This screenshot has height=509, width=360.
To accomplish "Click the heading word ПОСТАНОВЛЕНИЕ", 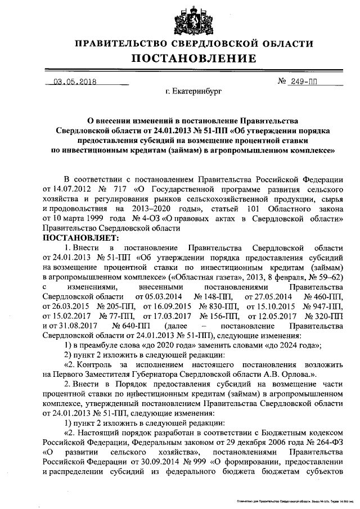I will tap(194, 58).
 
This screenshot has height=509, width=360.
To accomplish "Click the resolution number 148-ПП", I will tap(211, 296).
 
